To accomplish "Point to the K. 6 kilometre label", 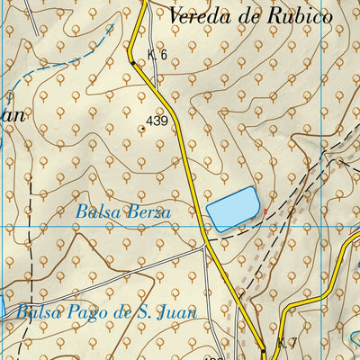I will pos(157,55).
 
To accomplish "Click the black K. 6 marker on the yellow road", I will pos(132,63).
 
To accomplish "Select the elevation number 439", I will pos(157,121).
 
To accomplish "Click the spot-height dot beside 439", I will pos(141,128).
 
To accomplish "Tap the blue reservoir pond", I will pos(233,211).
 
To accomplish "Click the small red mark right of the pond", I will pos(265,211).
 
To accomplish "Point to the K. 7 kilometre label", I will pos(287,343).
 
